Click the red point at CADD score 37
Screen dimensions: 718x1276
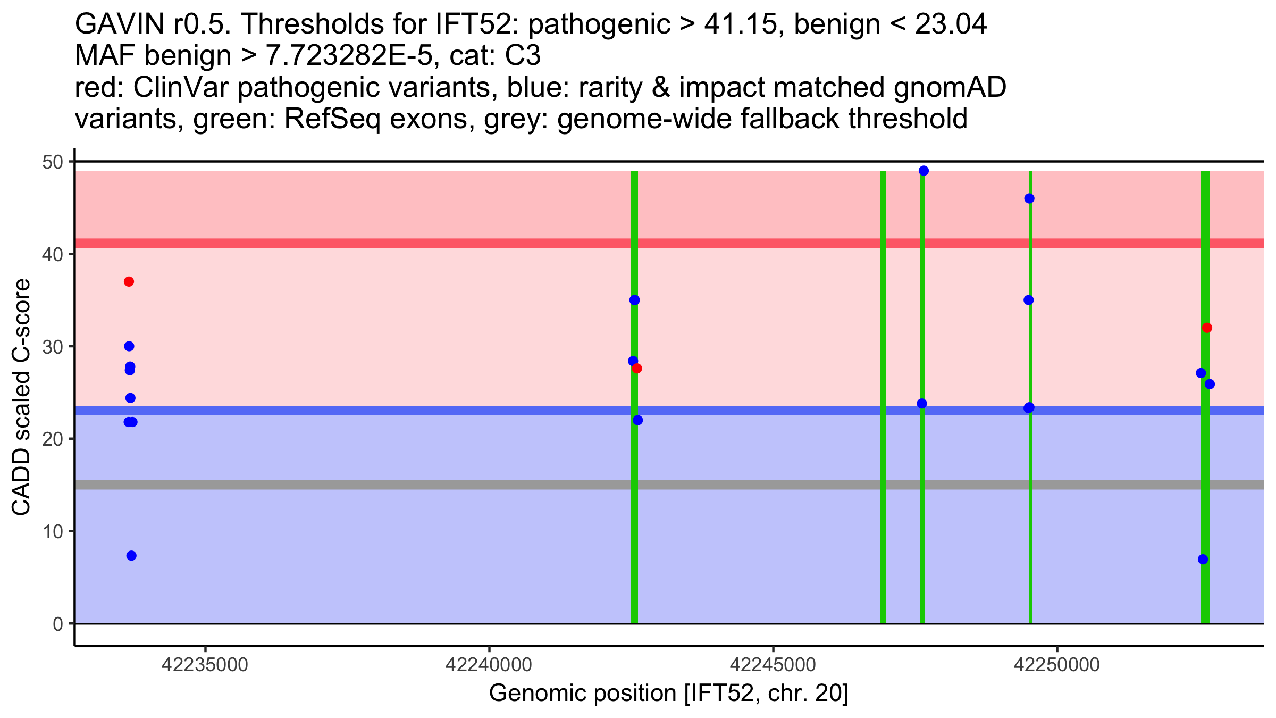click(129, 281)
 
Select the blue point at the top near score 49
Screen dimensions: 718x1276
click(924, 171)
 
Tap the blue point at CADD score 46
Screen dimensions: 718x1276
click(1029, 198)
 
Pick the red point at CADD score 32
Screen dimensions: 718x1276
click(1207, 328)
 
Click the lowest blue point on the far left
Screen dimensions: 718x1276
click(131, 556)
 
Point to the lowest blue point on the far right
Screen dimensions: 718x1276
click(1203, 560)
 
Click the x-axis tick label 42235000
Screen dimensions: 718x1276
click(205, 665)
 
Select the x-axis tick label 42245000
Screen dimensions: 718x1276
click(773, 665)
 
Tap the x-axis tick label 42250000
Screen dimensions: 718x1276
click(1056, 665)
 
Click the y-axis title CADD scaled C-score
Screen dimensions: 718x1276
click(21, 398)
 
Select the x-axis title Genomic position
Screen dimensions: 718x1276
click(668, 694)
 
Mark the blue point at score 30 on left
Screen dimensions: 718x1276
click(129, 346)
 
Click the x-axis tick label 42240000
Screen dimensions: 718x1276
click(489, 665)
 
